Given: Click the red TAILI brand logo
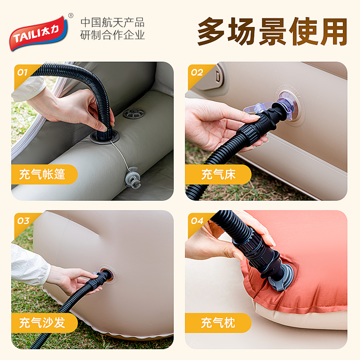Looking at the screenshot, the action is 39,33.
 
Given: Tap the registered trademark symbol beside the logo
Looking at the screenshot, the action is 71,16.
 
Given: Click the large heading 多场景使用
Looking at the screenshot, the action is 272,31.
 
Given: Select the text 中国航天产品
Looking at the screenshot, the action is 112,22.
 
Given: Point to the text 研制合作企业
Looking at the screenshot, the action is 112,35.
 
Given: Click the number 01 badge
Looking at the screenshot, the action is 22,72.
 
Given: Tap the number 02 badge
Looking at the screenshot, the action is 197,72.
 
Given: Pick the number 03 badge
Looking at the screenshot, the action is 23,221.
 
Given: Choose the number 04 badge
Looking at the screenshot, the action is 197,221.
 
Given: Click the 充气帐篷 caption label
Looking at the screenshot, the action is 42,174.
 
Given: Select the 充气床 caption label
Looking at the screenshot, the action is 218,174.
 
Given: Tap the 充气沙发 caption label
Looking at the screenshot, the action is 42,323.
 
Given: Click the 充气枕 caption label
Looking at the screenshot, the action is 218,323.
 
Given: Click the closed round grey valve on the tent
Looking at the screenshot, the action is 134,113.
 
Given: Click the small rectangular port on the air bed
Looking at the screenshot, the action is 218,76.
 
